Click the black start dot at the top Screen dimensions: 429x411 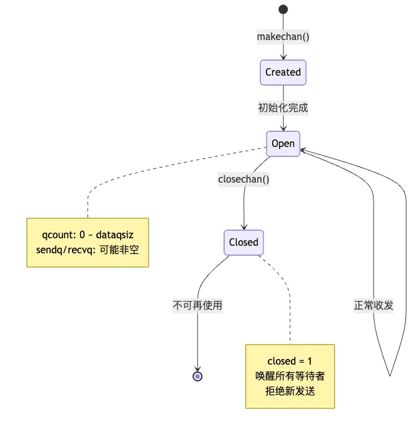283,9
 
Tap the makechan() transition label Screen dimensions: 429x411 283,36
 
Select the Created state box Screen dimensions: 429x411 283,72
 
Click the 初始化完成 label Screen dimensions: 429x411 283,108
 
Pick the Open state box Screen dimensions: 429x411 283,143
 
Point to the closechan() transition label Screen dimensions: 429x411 243,179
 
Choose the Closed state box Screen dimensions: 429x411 243,242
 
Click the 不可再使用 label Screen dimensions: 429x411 198,306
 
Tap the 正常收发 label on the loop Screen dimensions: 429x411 373,306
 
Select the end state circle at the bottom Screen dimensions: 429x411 198,376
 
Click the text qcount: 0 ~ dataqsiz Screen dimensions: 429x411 88,235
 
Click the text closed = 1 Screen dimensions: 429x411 290,361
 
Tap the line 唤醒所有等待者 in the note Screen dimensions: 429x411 290,376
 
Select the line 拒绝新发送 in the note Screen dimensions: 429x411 290,392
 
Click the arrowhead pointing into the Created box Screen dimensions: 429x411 283,57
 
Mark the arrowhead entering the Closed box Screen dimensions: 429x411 243,227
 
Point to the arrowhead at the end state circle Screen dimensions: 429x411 198,368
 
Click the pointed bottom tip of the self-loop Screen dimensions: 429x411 390,375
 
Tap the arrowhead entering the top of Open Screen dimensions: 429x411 283,128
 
